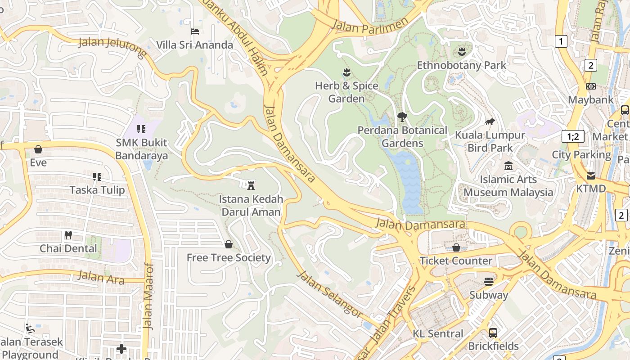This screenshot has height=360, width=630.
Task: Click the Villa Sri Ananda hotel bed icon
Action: (195, 31)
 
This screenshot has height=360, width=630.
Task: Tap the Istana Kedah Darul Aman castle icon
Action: (251, 185)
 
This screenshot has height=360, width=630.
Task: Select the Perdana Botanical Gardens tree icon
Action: (402, 117)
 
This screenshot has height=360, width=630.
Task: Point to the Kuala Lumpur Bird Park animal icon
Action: (490, 121)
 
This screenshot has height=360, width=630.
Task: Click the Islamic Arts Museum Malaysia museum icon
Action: (508, 166)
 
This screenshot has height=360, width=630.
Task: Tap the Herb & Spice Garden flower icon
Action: (346, 72)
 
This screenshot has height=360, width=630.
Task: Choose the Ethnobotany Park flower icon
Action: (461, 51)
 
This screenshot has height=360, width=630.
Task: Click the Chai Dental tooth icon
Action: (68, 235)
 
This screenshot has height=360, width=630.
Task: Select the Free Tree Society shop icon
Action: (229, 244)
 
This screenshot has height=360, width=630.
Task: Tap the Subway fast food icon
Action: (489, 282)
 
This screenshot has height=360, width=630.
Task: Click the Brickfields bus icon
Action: (493, 333)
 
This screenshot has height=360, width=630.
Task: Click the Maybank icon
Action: (591, 86)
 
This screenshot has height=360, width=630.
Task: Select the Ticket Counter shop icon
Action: (456, 247)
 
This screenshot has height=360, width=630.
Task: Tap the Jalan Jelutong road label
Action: (112, 48)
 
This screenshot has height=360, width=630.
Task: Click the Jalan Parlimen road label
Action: (369, 25)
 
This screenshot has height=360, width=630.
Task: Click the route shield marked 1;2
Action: (573, 136)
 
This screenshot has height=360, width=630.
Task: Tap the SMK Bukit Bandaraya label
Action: (141, 149)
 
